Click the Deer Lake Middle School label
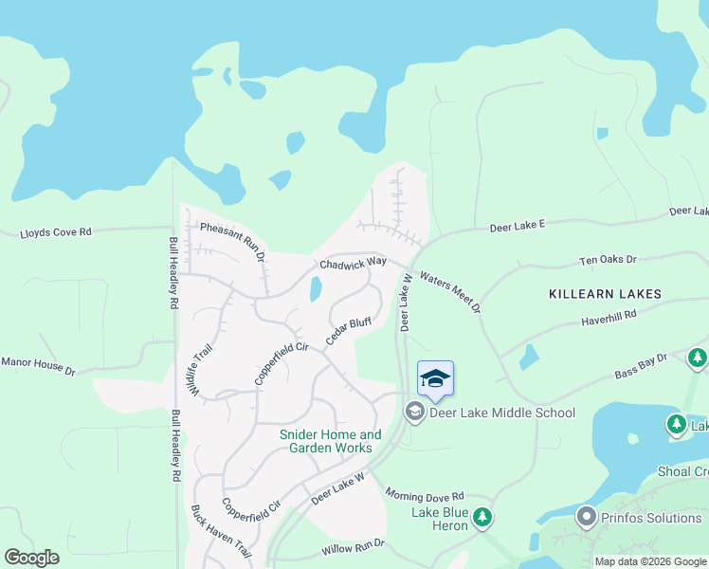click(502, 413)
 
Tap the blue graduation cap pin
click(435, 379)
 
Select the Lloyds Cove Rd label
click(56, 231)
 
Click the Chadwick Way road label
click(353, 263)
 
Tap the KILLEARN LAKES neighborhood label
click(605, 294)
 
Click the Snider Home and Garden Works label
click(330, 441)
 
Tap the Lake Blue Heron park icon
click(483, 517)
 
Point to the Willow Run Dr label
click(352, 544)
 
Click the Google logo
click(31, 558)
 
